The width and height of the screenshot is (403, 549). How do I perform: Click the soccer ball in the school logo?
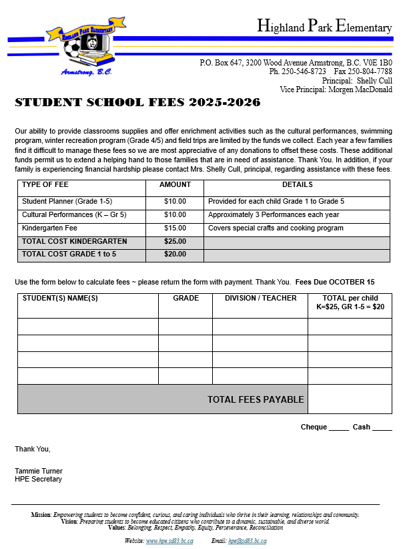click(x=71, y=50)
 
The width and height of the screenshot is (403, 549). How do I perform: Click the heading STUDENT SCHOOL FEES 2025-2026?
click(x=137, y=103)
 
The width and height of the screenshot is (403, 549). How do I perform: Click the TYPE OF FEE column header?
click(x=46, y=184)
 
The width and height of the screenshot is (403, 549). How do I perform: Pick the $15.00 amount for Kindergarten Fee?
click(x=175, y=228)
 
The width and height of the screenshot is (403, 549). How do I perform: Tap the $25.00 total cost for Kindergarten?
click(x=175, y=241)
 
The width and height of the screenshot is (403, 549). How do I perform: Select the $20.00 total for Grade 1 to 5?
click(x=175, y=254)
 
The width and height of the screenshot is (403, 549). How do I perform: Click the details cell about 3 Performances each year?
click(x=274, y=214)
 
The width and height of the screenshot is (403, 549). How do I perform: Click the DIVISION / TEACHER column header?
click(x=260, y=299)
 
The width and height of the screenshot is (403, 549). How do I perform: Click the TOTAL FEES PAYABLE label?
click(x=256, y=399)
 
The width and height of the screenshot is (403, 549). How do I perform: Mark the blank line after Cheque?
click(x=339, y=428)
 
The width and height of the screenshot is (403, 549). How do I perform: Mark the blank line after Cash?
click(x=382, y=428)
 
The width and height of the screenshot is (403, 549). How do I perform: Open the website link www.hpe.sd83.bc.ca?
click(x=169, y=540)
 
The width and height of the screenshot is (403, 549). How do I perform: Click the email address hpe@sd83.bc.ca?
click(x=247, y=540)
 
